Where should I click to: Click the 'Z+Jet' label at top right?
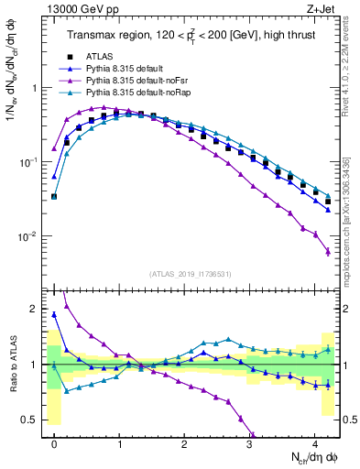pos(322,8)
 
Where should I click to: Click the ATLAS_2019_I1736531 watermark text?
pos(190,274)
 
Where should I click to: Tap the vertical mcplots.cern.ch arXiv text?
pos(351,220)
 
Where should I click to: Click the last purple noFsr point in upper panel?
pos(328,252)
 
